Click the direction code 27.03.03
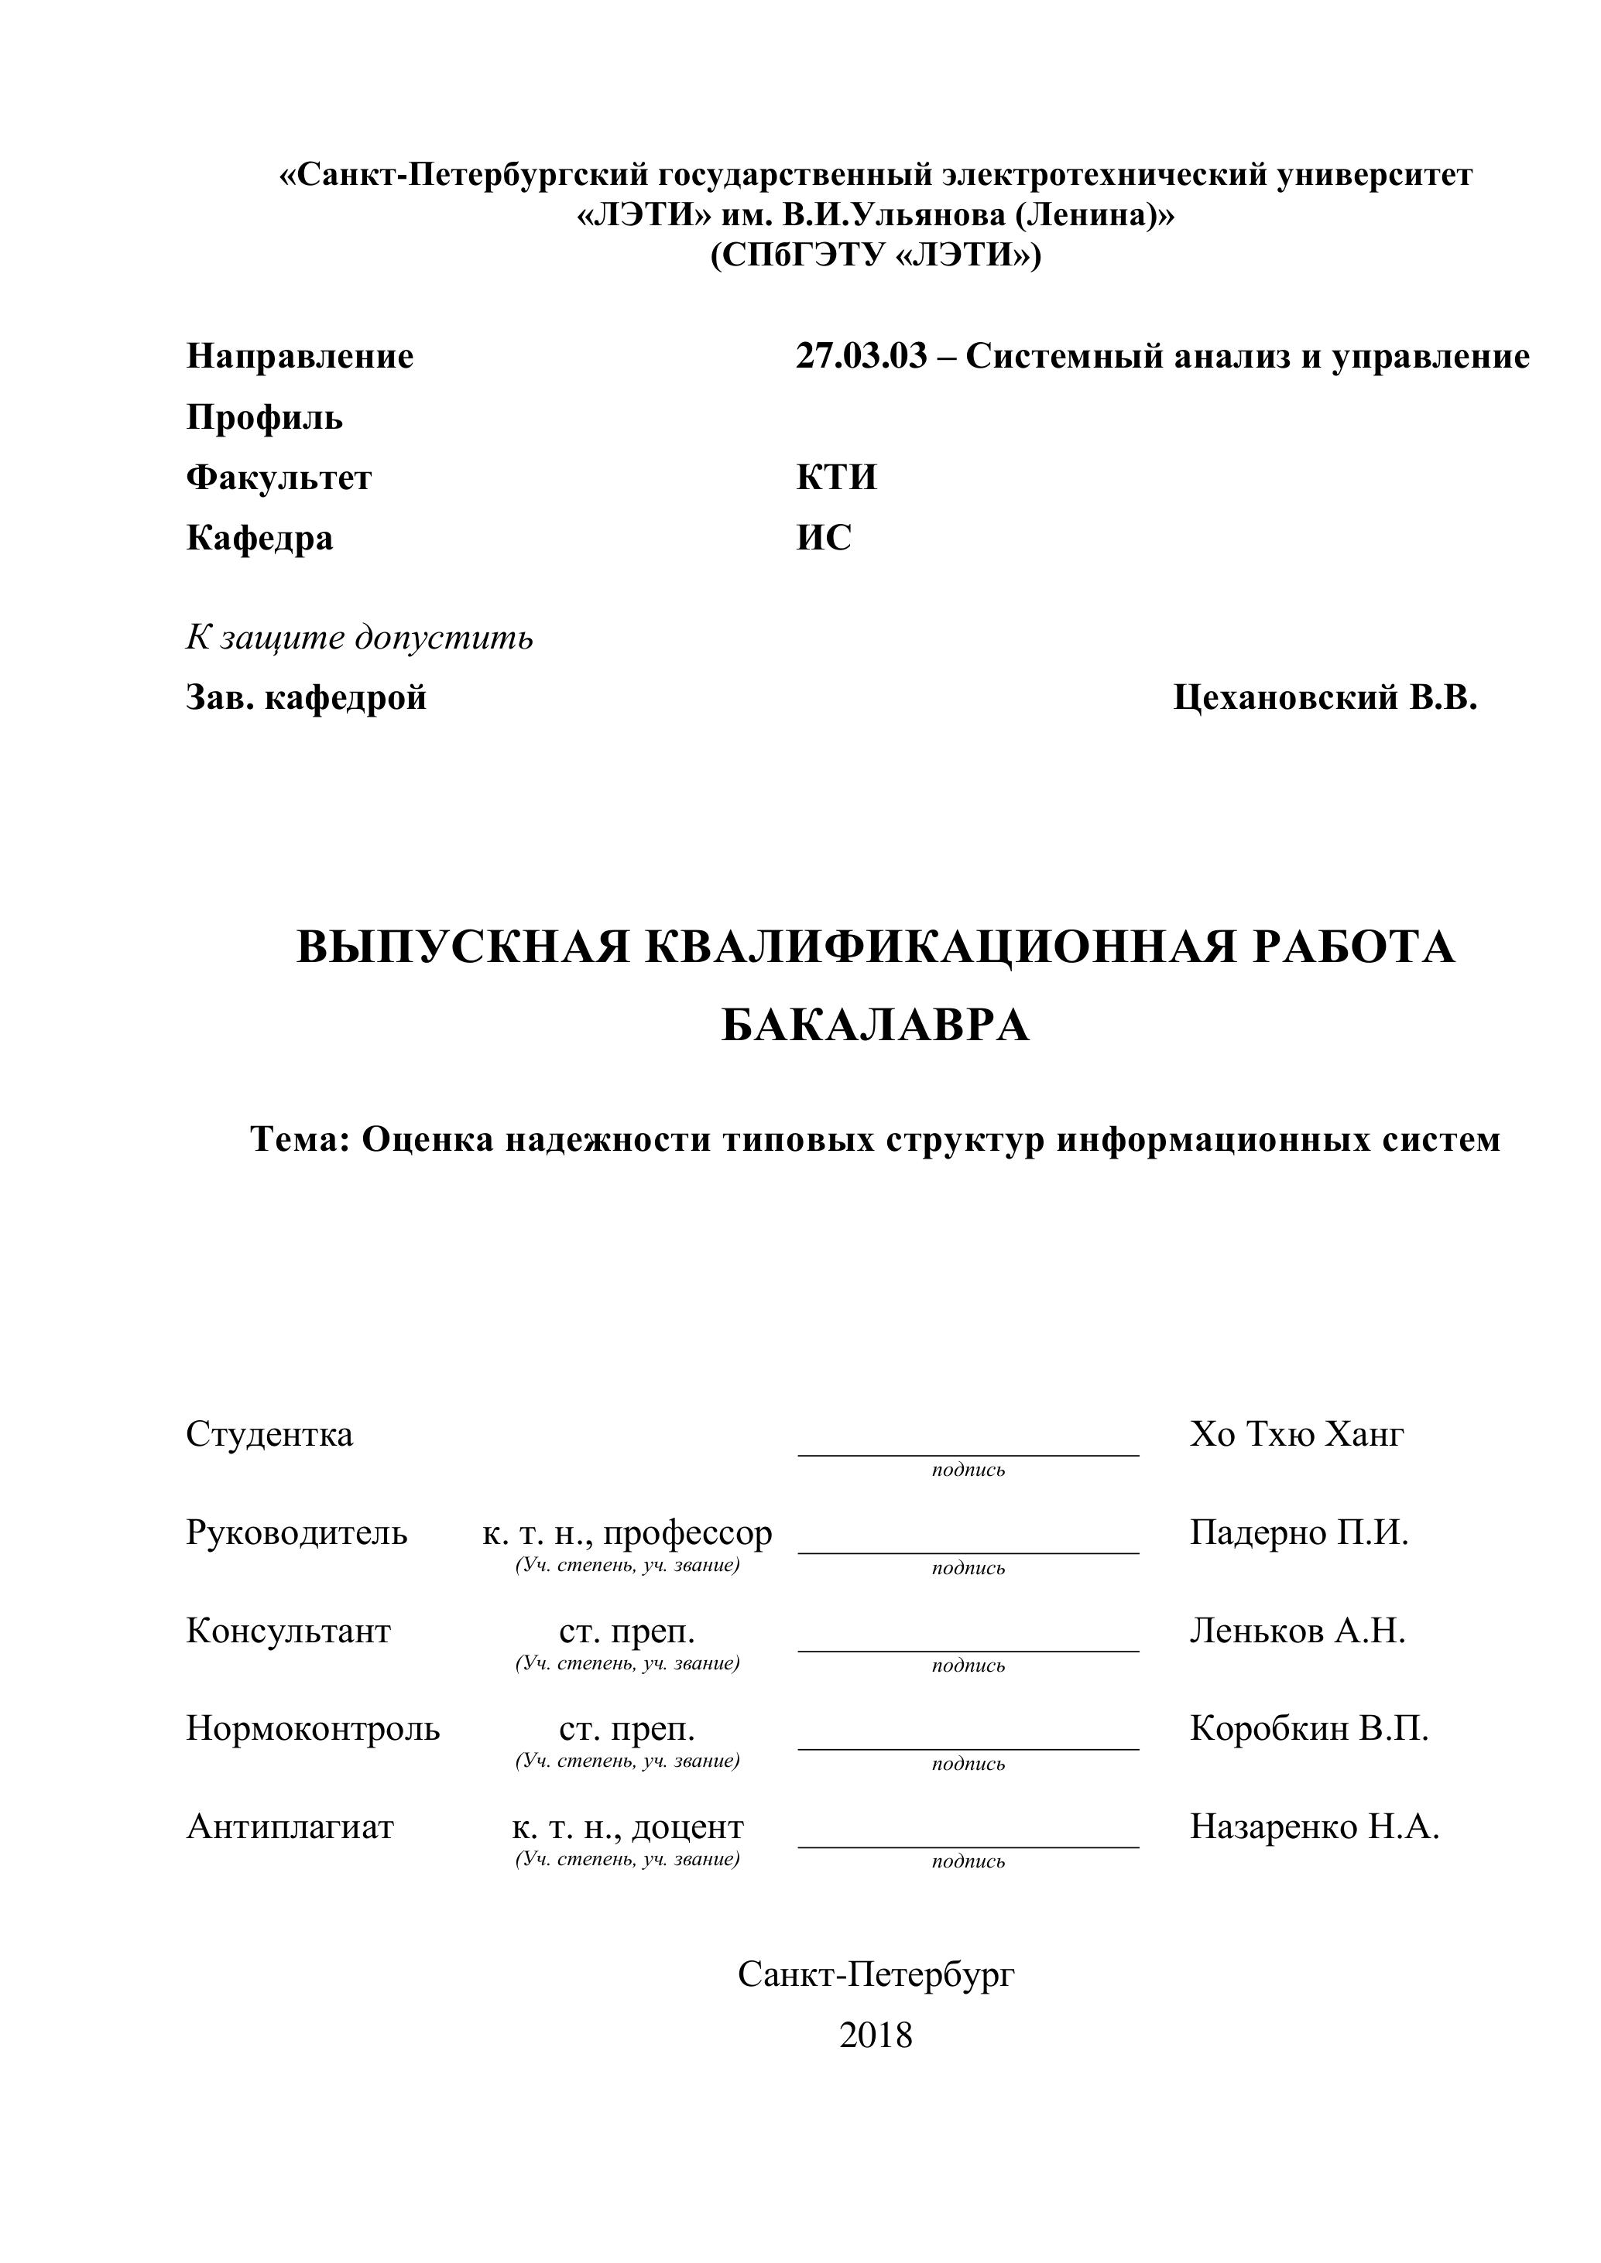coord(862,356)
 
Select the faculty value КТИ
coord(836,478)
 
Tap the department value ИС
coord(823,538)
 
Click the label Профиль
coord(264,418)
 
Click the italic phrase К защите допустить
coord(360,638)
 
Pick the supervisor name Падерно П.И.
coord(1298,1532)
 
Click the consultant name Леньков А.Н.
coord(1298,1631)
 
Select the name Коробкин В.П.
coord(1308,1727)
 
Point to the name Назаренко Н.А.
coord(1314,1826)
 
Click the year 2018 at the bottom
coord(876,2035)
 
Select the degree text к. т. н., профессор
coord(627,1532)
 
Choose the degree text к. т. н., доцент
coord(627,1826)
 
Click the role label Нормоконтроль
coord(313,1727)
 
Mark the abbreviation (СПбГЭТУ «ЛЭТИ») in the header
coord(876,255)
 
